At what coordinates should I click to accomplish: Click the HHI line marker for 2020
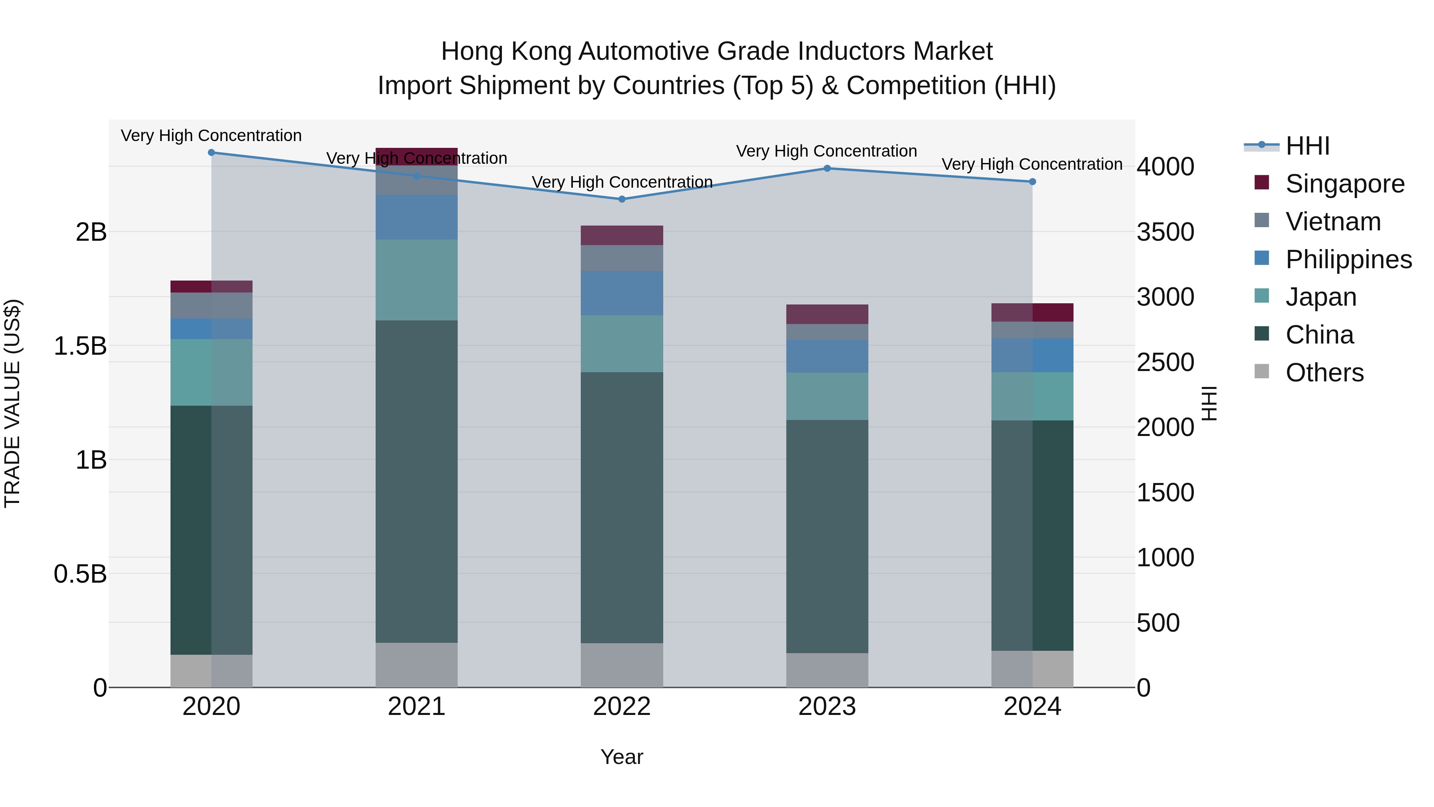[212, 153]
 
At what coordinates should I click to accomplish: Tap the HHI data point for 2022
[622, 199]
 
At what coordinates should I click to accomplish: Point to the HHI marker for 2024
[1032, 182]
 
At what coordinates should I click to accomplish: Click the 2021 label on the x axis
[416, 707]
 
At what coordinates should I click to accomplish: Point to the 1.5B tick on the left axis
[80, 346]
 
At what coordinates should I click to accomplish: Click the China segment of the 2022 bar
[622, 507]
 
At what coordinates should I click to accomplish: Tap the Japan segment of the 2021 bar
[416, 280]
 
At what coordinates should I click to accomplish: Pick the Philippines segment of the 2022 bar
[622, 293]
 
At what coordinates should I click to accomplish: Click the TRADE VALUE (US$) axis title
[12, 403]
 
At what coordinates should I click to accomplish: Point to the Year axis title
[622, 757]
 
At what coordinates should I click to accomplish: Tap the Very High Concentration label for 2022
[622, 182]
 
